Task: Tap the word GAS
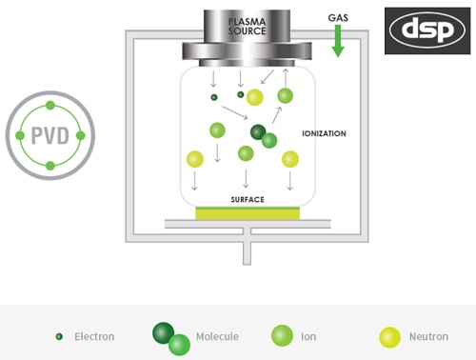click(337, 18)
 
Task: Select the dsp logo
click(425, 30)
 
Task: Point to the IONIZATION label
click(323, 133)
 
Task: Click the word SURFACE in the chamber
click(248, 199)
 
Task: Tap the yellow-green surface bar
click(248, 213)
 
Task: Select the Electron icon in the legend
click(59, 336)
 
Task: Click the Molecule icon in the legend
click(171, 338)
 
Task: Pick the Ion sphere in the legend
click(282, 335)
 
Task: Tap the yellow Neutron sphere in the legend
click(389, 335)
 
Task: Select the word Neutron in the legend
click(429, 336)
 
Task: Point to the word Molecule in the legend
click(217, 336)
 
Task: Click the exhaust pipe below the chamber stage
click(248, 250)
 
